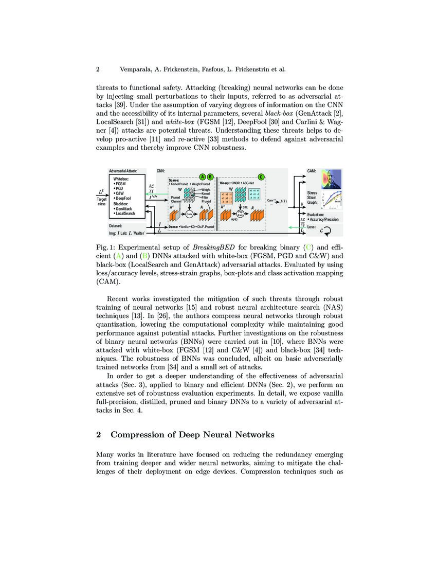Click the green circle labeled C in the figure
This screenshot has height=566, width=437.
(261, 177)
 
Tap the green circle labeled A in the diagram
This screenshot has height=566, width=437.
(202, 177)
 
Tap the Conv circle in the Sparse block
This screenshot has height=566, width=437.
(189, 213)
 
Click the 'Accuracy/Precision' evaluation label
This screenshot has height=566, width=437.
(324, 220)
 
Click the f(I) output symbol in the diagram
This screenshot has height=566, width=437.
(284, 201)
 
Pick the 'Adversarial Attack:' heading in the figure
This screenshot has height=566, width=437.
(126, 171)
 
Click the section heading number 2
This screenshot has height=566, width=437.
(98, 435)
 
